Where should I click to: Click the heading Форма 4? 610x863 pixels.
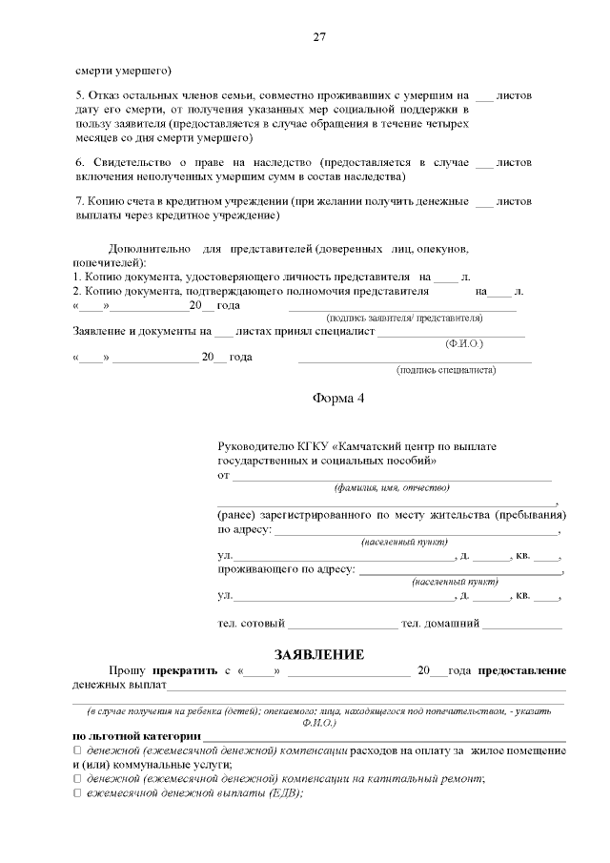click(338, 399)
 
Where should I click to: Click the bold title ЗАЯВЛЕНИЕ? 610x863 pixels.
click(319, 654)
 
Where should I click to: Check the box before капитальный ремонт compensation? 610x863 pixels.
click(77, 778)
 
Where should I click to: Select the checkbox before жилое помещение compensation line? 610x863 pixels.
click(77, 750)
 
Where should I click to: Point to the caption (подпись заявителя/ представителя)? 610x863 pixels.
click(404, 318)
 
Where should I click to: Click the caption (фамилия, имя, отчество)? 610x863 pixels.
click(391, 487)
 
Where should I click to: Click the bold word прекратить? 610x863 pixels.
click(183, 670)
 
